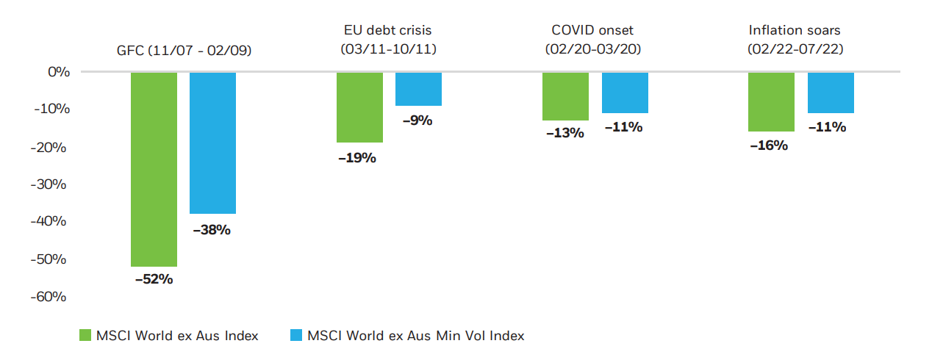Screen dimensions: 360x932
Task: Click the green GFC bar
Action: coord(154,169)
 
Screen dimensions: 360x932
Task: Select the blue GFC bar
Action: coord(212,143)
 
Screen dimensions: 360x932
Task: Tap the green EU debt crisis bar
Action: coord(359,107)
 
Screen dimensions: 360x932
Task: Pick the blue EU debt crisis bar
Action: coord(418,89)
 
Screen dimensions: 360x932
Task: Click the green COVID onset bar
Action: coord(565,96)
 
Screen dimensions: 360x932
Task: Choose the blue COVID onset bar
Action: coord(625,93)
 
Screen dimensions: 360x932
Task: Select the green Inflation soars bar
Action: coord(771,101)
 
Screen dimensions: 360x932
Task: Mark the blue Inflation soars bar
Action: coord(831,93)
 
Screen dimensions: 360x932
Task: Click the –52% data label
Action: coord(154,279)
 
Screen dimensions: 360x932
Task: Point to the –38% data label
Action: coord(212,230)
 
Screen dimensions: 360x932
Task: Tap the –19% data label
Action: coord(357,157)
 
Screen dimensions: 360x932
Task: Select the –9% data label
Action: coord(418,120)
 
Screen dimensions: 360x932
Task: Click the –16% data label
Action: coord(769,145)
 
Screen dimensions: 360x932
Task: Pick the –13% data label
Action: coord(564,133)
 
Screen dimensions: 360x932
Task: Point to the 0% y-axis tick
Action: coord(57,72)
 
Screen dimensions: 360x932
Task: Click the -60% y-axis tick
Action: coord(50,297)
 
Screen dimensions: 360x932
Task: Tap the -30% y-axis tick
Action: coord(50,184)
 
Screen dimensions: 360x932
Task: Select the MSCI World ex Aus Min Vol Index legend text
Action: coord(415,336)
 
